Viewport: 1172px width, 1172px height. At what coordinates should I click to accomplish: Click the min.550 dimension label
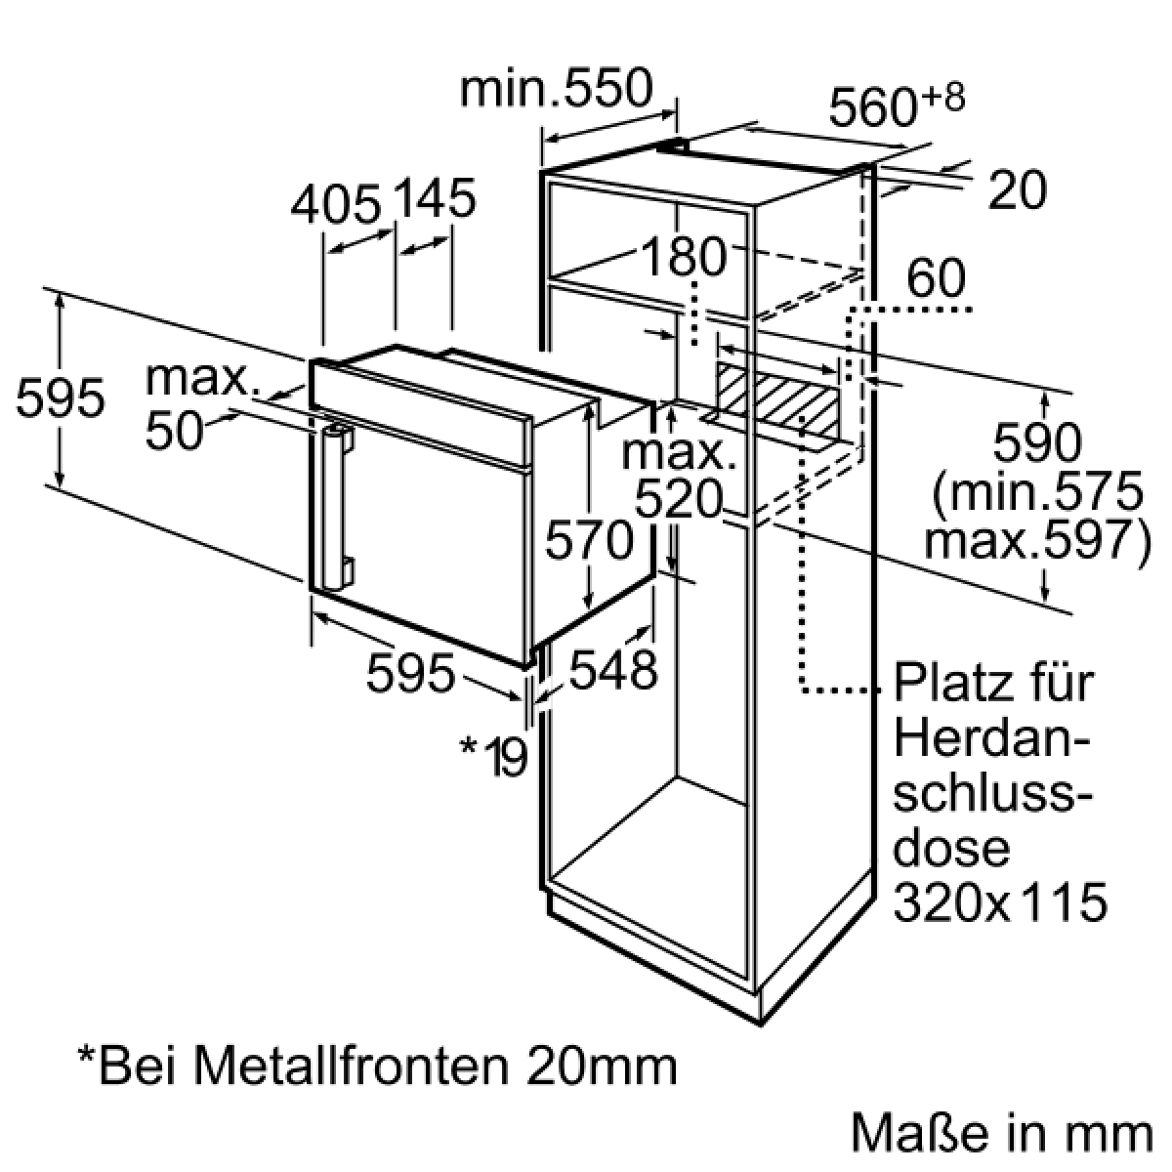pyautogui.click(x=556, y=89)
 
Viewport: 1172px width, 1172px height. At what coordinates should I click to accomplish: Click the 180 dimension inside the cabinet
pyautogui.click(x=684, y=257)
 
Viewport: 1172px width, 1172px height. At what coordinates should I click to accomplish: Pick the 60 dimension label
pyautogui.click(x=936, y=278)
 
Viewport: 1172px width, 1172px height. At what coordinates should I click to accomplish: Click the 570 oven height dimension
pyautogui.click(x=589, y=539)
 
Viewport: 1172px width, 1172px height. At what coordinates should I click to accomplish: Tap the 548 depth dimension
pyautogui.click(x=613, y=669)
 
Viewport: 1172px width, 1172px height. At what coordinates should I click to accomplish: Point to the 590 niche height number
pyautogui.click(x=1037, y=442)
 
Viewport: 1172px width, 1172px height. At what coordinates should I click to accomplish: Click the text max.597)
pyautogui.click(x=1037, y=540)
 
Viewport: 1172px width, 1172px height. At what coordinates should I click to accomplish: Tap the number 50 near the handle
pyautogui.click(x=174, y=431)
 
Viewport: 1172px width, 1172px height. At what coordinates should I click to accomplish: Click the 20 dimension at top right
pyautogui.click(x=1018, y=189)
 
